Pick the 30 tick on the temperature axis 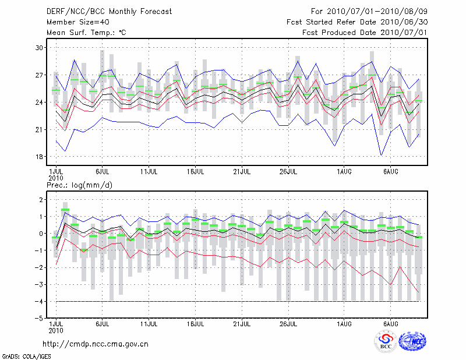pos(40,48)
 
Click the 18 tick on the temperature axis pos(40,157)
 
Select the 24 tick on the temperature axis pos(40,103)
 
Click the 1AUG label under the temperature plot pos(344,172)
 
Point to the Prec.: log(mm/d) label pos(78,185)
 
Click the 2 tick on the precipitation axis pos(41,200)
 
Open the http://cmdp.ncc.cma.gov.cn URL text pos(96,344)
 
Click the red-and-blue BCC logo pos(386,341)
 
